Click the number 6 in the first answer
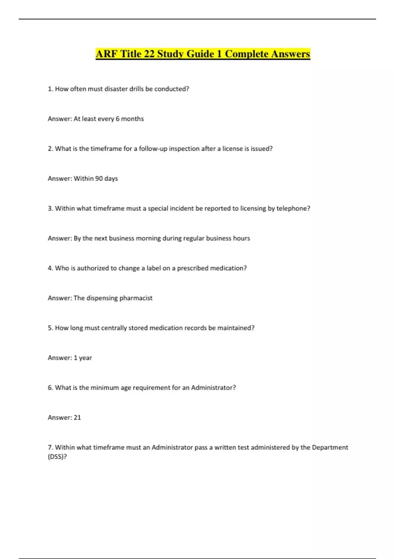(118, 119)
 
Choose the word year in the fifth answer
(85, 358)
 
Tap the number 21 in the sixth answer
(77, 418)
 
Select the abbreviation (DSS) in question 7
(57, 457)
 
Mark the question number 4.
(50, 268)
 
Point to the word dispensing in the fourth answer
(102, 298)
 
